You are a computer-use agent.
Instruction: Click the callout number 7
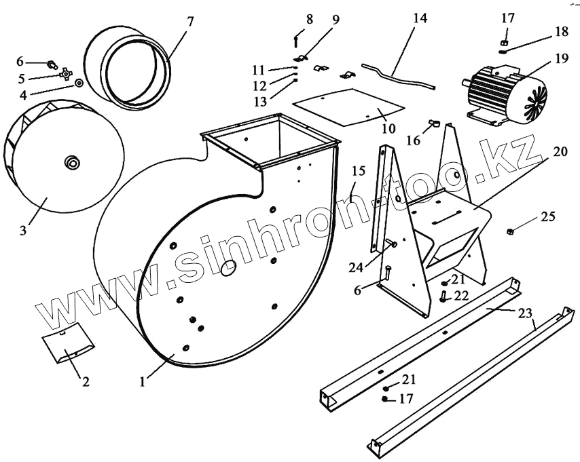pos(189,20)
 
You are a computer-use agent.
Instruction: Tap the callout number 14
pos(420,19)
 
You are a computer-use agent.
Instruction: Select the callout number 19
pos(561,59)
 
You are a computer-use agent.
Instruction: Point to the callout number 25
pos(547,217)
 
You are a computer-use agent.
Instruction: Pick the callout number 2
pos(85,381)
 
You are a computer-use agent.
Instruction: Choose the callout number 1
pos(142,381)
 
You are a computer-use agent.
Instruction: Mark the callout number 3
pos(23,231)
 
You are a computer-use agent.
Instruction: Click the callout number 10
pos(386,128)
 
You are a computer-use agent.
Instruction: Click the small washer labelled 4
pos(79,83)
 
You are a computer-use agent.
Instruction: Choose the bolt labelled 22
pos(442,295)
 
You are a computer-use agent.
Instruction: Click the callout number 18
pos(560,32)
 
